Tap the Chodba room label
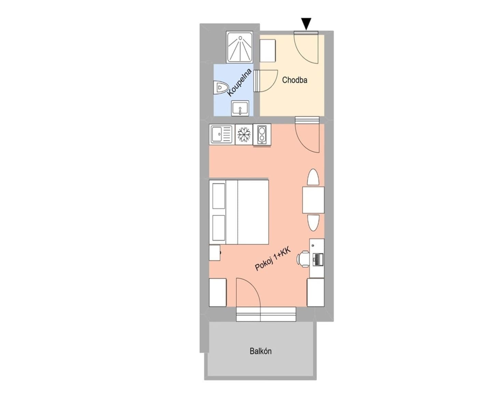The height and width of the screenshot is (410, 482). [294, 80]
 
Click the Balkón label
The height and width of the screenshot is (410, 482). [260, 351]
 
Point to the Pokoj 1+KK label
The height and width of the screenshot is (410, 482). [273, 259]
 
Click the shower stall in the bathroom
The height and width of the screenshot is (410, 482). [240, 47]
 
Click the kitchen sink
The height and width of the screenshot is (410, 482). [221, 134]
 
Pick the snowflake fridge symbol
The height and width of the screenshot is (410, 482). [244, 134]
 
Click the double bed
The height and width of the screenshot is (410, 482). [239, 212]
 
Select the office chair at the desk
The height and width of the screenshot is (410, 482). [303, 258]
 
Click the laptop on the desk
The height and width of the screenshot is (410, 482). [318, 259]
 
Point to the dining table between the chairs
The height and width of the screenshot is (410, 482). [313, 200]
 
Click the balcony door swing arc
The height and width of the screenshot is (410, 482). [248, 292]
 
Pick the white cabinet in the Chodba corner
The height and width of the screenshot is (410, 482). [268, 51]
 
